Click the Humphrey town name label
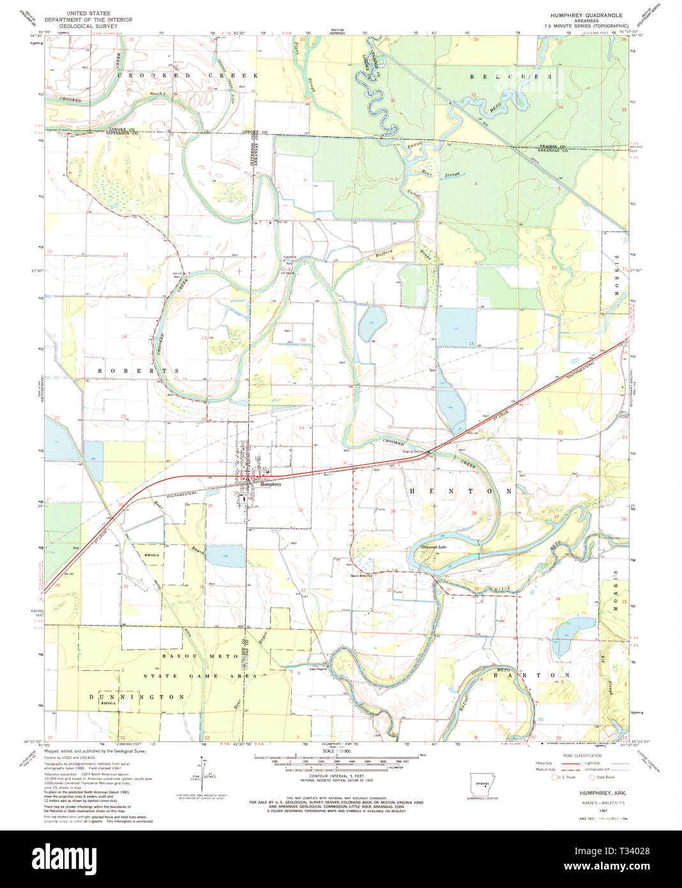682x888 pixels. click(x=271, y=484)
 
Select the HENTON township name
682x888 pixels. click(x=460, y=491)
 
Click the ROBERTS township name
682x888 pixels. click(x=138, y=370)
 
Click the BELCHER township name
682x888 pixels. click(x=511, y=76)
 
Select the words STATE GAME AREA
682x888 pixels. click(x=199, y=676)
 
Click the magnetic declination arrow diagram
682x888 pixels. click(x=204, y=770)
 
